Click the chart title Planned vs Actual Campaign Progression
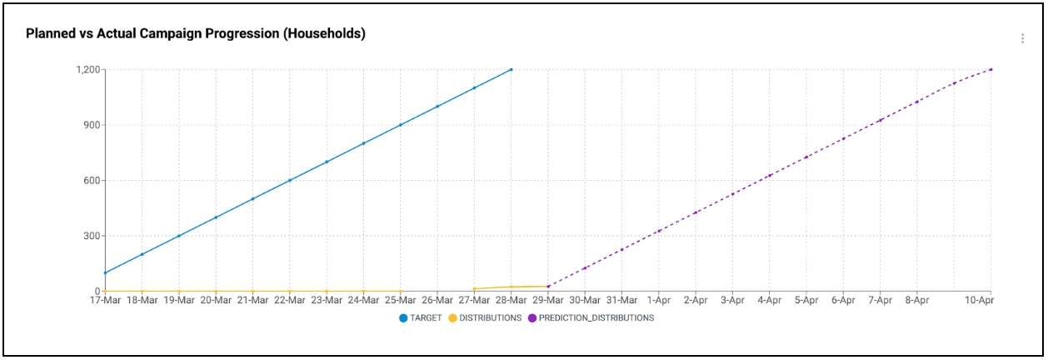click(196, 34)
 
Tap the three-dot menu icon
click(1022, 38)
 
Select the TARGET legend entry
click(420, 317)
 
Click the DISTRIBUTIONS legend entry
click(485, 317)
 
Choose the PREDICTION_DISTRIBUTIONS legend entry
click(591, 317)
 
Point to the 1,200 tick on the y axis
click(87, 69)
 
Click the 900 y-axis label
click(91, 125)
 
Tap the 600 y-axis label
click(91, 180)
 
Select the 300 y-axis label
click(91, 236)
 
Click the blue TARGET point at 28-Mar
click(511, 69)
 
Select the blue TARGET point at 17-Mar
click(105, 272)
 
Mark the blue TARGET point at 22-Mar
click(290, 180)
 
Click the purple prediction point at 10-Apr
click(991, 69)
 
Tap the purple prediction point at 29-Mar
click(547, 287)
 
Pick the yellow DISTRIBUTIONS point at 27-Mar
click(474, 289)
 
